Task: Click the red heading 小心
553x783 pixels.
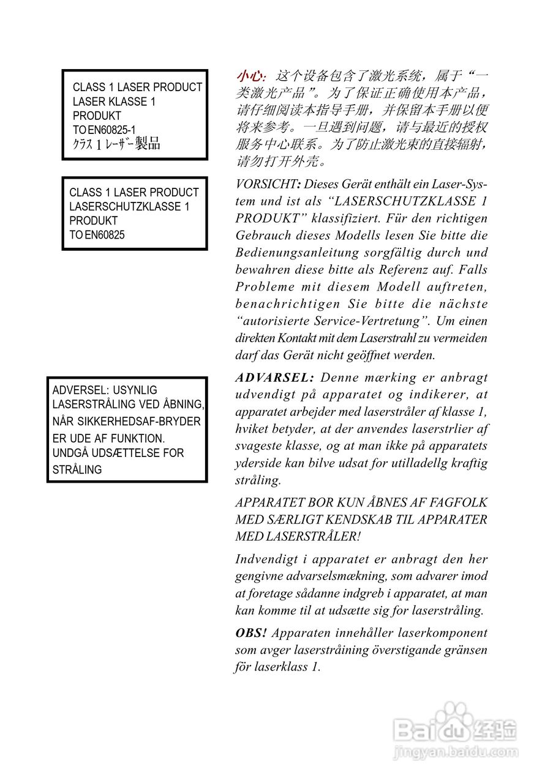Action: (250, 76)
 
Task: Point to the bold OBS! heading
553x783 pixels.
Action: (251, 633)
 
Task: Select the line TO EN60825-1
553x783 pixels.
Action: (104, 130)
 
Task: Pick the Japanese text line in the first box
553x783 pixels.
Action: (116, 144)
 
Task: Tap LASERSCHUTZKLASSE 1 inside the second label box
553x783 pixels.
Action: (129, 207)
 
